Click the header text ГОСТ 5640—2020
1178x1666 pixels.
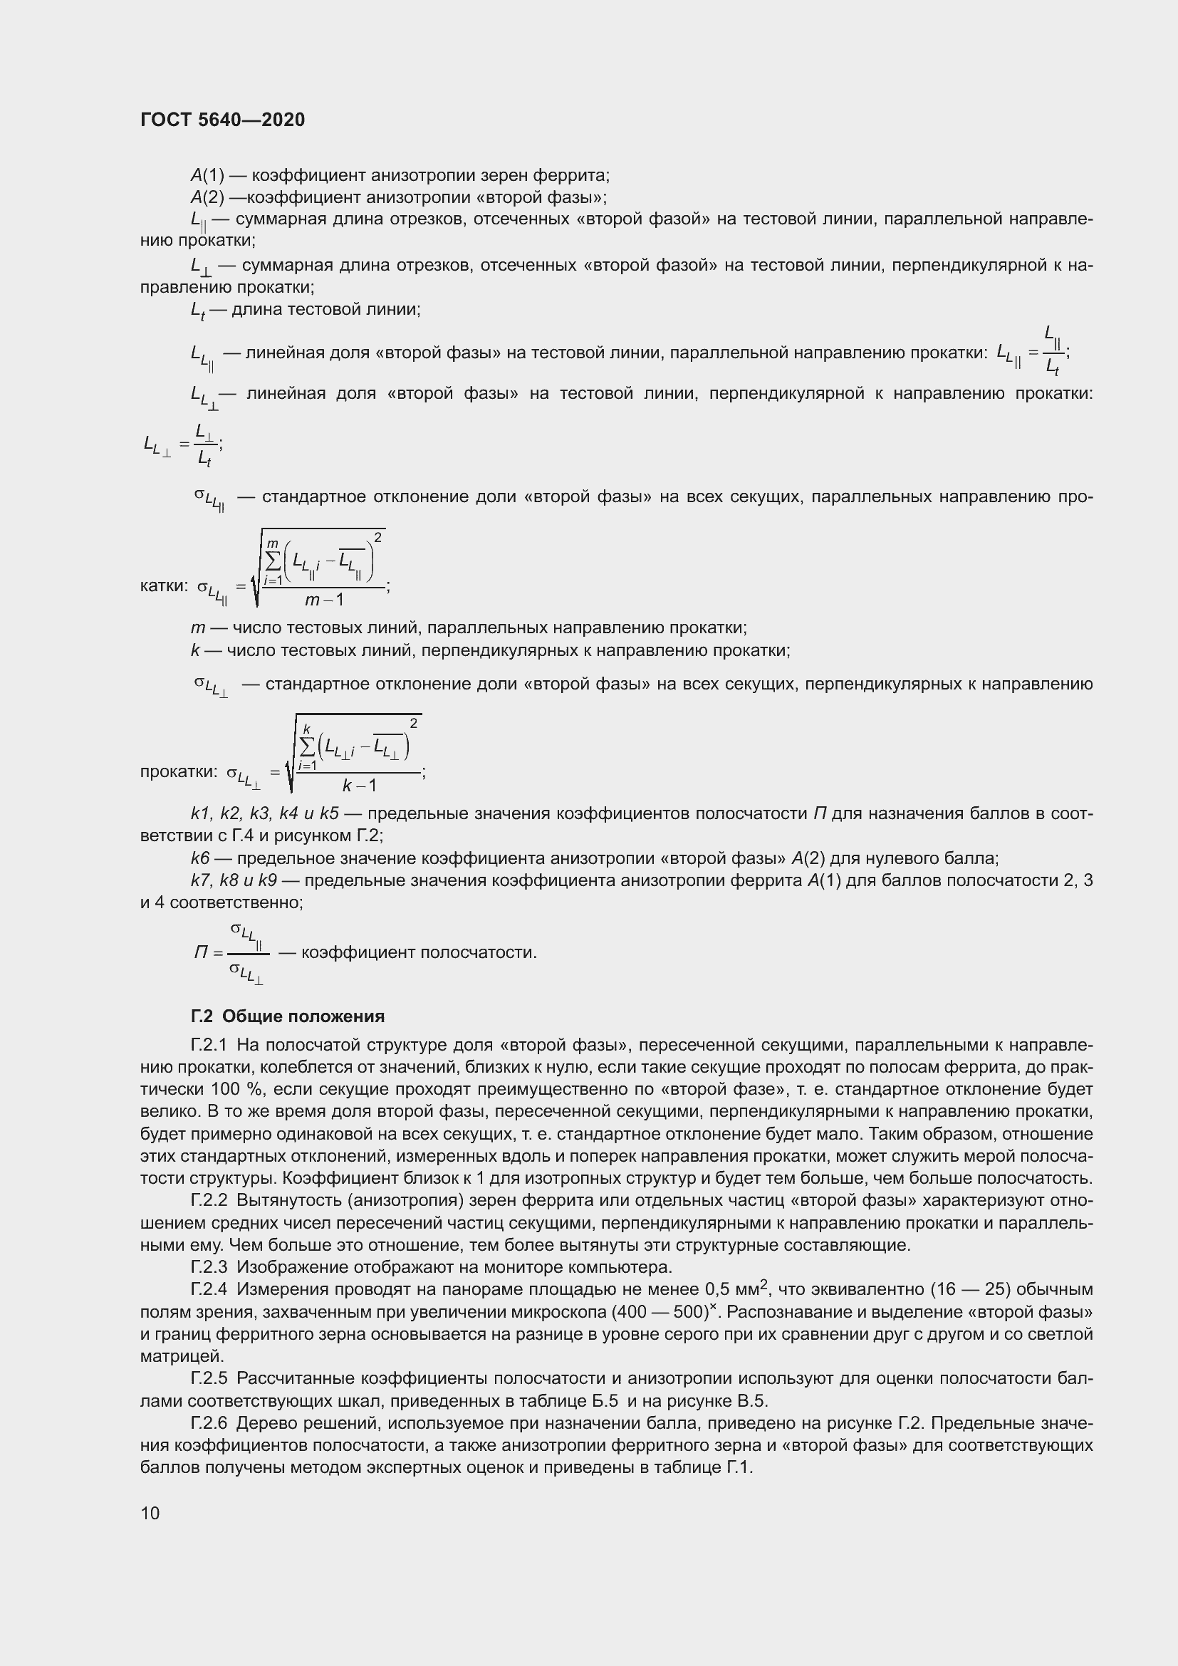[223, 120]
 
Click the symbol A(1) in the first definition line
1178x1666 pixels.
[207, 175]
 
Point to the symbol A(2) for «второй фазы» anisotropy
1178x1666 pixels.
[207, 197]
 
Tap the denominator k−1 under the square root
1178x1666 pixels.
[359, 785]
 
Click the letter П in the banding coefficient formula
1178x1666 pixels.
[201, 952]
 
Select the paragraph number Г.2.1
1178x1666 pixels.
[209, 1045]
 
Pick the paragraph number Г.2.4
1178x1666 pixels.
[209, 1289]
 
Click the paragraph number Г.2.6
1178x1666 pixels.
[209, 1423]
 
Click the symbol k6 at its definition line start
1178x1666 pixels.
[199, 858]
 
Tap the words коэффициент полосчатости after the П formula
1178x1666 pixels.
[419, 952]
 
